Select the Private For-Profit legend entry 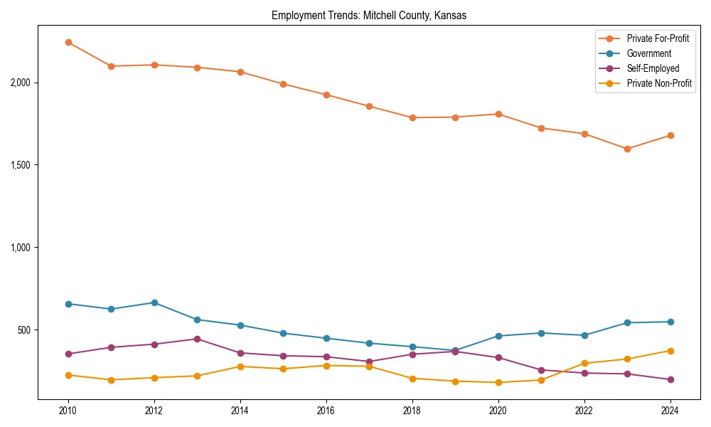click(658, 38)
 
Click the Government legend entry click(648, 53)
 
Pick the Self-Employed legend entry click(653, 68)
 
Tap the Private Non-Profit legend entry click(659, 83)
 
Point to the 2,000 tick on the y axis click(21, 83)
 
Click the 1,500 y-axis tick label click(21, 165)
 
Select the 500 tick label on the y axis click(26, 330)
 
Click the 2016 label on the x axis click(326, 411)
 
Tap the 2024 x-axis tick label click(670, 411)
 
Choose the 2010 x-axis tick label click(68, 411)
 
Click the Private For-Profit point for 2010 click(68, 43)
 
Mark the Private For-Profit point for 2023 click(627, 149)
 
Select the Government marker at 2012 click(154, 302)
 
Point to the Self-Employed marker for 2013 click(197, 339)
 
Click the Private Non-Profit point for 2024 click(670, 351)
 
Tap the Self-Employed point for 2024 click(670, 379)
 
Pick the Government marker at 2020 click(498, 336)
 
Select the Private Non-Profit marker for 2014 click(240, 367)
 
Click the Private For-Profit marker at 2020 click(498, 114)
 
